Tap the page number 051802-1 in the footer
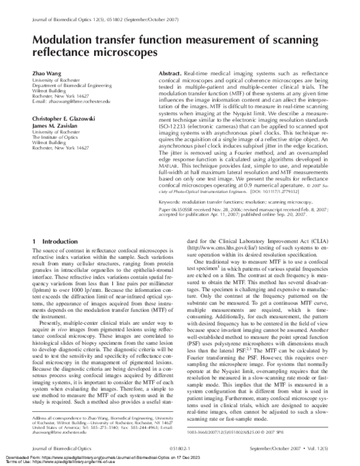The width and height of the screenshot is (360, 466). click(179, 447)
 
